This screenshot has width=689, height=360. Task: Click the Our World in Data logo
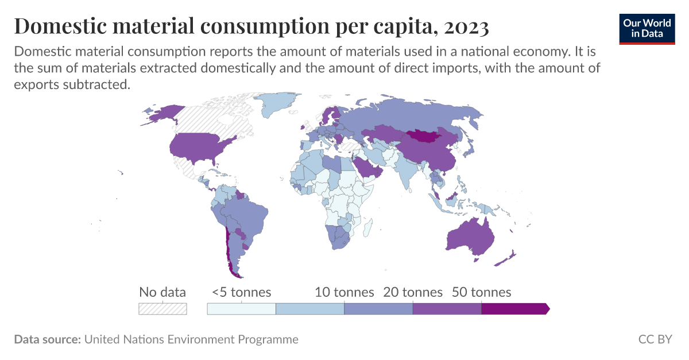(647, 28)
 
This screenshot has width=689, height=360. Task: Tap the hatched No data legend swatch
(162, 309)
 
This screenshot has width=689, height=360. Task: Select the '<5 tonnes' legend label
(241, 292)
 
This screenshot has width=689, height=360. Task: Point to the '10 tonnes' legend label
(344, 292)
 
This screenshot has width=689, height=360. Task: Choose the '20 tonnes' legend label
(413, 292)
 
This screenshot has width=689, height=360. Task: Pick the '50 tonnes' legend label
(481, 292)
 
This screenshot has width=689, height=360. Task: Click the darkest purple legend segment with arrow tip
(514, 309)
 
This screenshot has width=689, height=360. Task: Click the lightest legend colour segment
(241, 309)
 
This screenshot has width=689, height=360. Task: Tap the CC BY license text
(655, 339)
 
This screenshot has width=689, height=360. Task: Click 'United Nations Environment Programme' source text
(191, 339)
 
